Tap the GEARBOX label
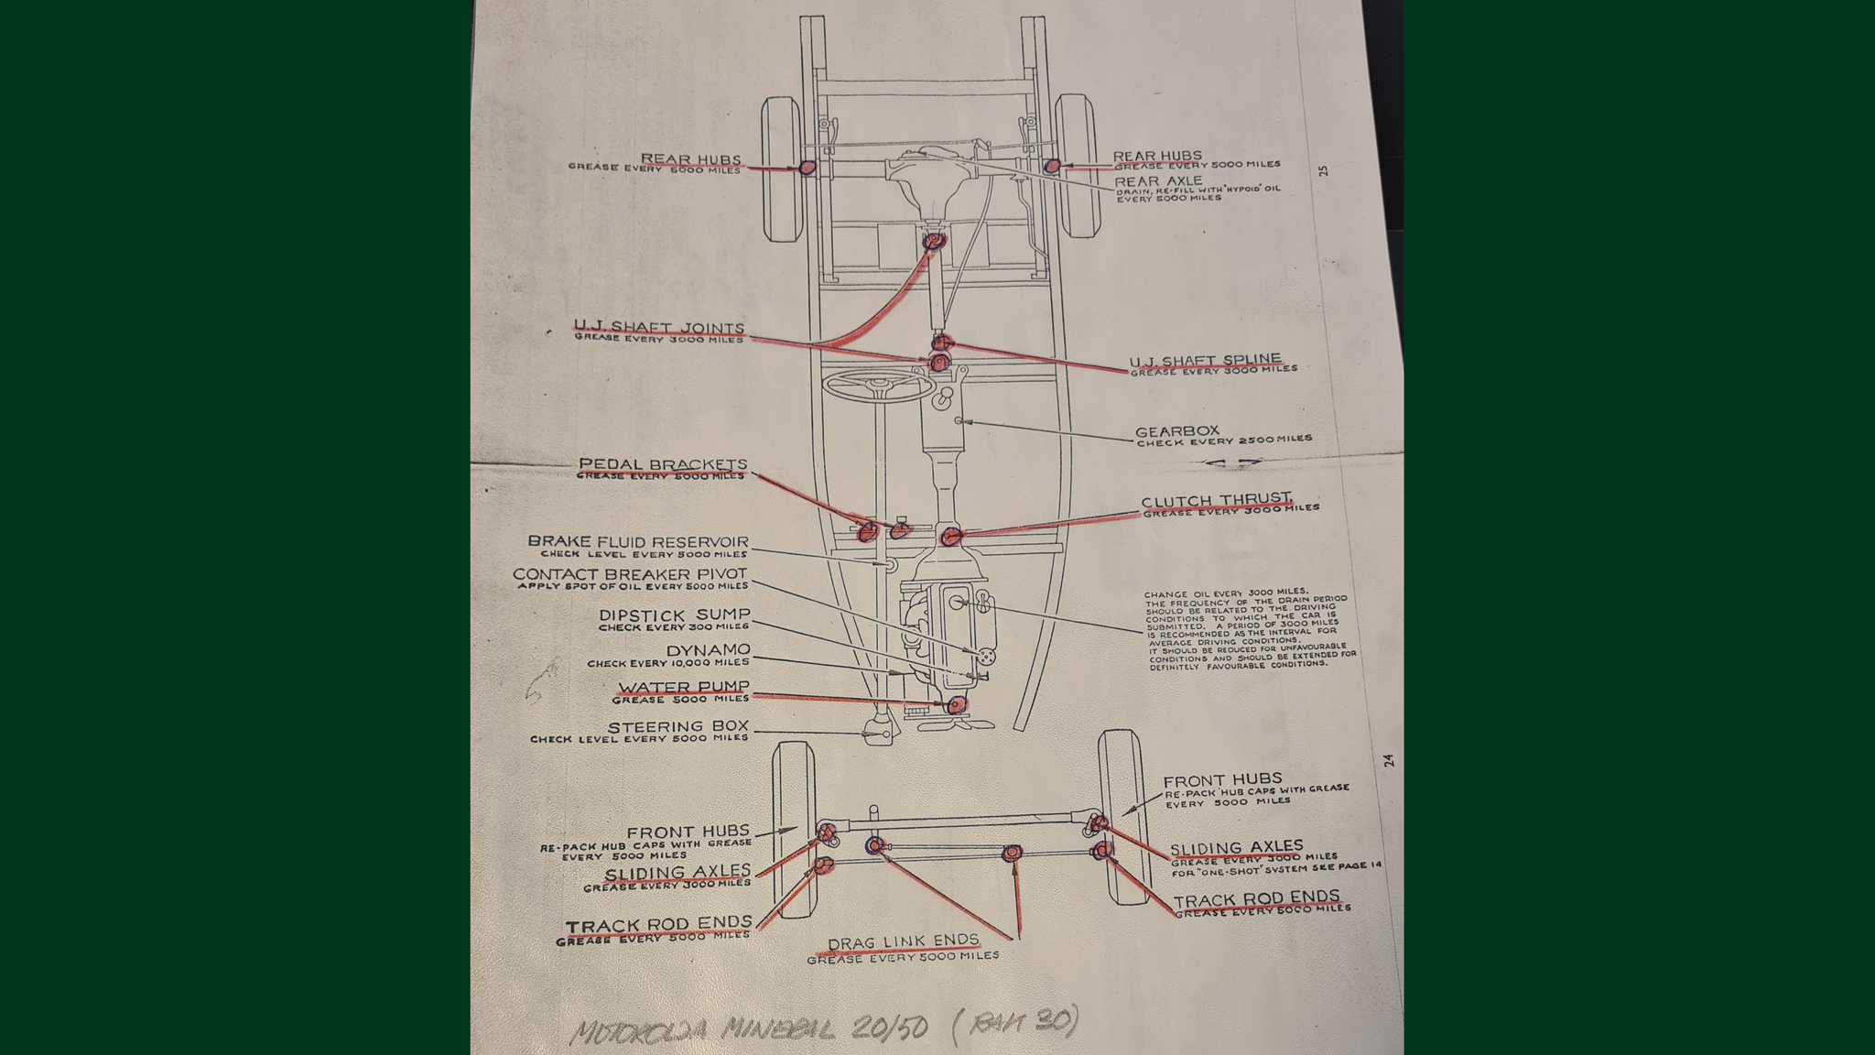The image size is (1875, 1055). (1176, 431)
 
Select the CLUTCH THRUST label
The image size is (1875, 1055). (1216, 501)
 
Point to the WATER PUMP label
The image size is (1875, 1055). (683, 687)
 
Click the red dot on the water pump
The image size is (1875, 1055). (956, 704)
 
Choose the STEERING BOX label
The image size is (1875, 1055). (677, 726)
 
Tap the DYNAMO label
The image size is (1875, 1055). (707, 650)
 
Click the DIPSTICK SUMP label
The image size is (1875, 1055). (674, 615)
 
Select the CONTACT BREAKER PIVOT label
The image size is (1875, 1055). (630, 574)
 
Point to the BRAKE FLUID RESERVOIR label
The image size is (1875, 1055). (637, 541)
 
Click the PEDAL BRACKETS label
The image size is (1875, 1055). (663, 464)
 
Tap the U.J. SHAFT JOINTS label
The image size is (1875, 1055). (659, 327)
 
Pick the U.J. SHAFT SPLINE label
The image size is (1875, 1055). (1204, 360)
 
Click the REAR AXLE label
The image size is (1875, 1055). (1158, 181)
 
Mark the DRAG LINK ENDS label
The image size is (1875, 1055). (903, 942)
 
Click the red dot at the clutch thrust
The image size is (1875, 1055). (951, 536)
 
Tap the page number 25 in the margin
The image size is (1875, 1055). (1323, 170)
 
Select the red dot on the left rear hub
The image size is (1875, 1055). (807, 168)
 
